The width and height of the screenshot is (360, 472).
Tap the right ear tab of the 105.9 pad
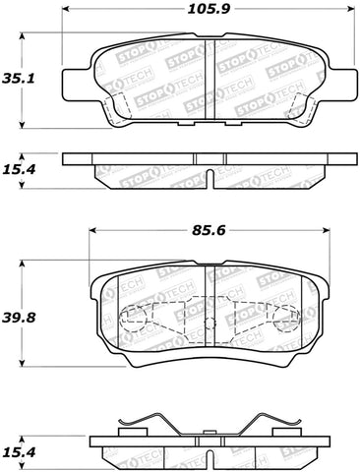(351, 78)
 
